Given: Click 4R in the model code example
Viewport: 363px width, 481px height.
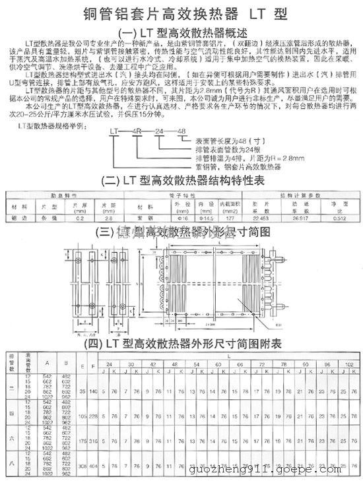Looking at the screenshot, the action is pyautogui.click(x=138, y=132).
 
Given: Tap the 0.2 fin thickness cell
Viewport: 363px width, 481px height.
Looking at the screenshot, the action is pyautogui.click(x=81, y=217).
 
